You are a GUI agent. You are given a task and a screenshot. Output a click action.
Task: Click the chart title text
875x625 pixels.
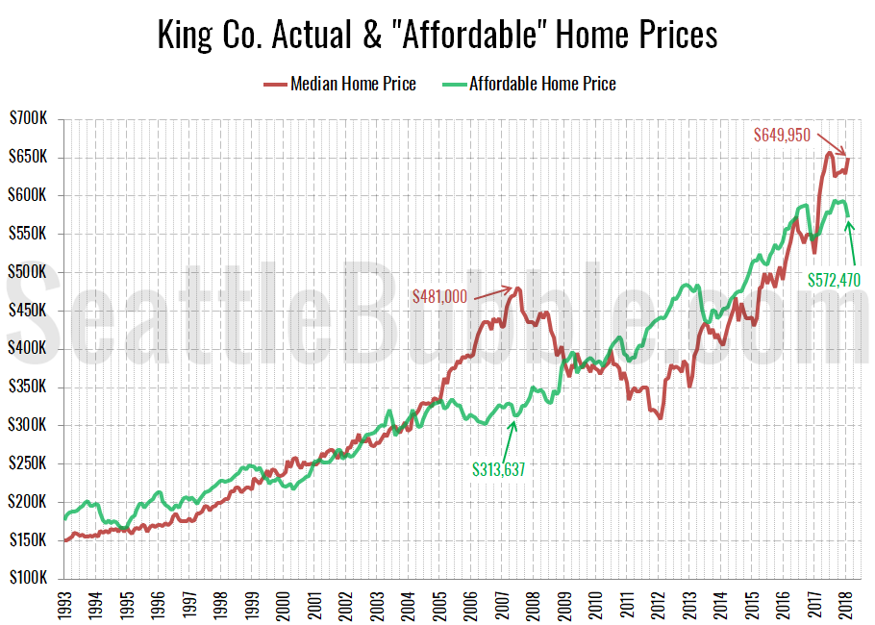(437, 36)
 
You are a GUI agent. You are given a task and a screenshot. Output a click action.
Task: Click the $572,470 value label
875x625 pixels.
(834, 281)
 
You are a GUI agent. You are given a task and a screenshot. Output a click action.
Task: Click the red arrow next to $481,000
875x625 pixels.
(490, 291)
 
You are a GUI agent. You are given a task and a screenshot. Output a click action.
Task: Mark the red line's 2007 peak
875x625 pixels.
(517, 287)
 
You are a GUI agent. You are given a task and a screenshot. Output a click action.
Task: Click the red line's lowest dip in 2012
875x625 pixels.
(660, 418)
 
